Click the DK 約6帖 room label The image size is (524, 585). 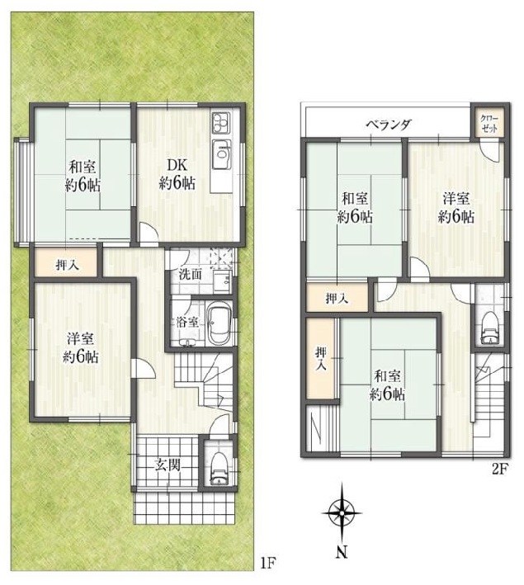pos(177,174)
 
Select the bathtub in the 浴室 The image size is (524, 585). pos(218,324)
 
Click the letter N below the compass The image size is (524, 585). pos(340,551)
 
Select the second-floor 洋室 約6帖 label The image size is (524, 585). pos(456,207)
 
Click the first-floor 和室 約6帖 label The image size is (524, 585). pos(83,175)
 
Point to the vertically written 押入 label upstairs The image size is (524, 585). pos(322,359)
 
